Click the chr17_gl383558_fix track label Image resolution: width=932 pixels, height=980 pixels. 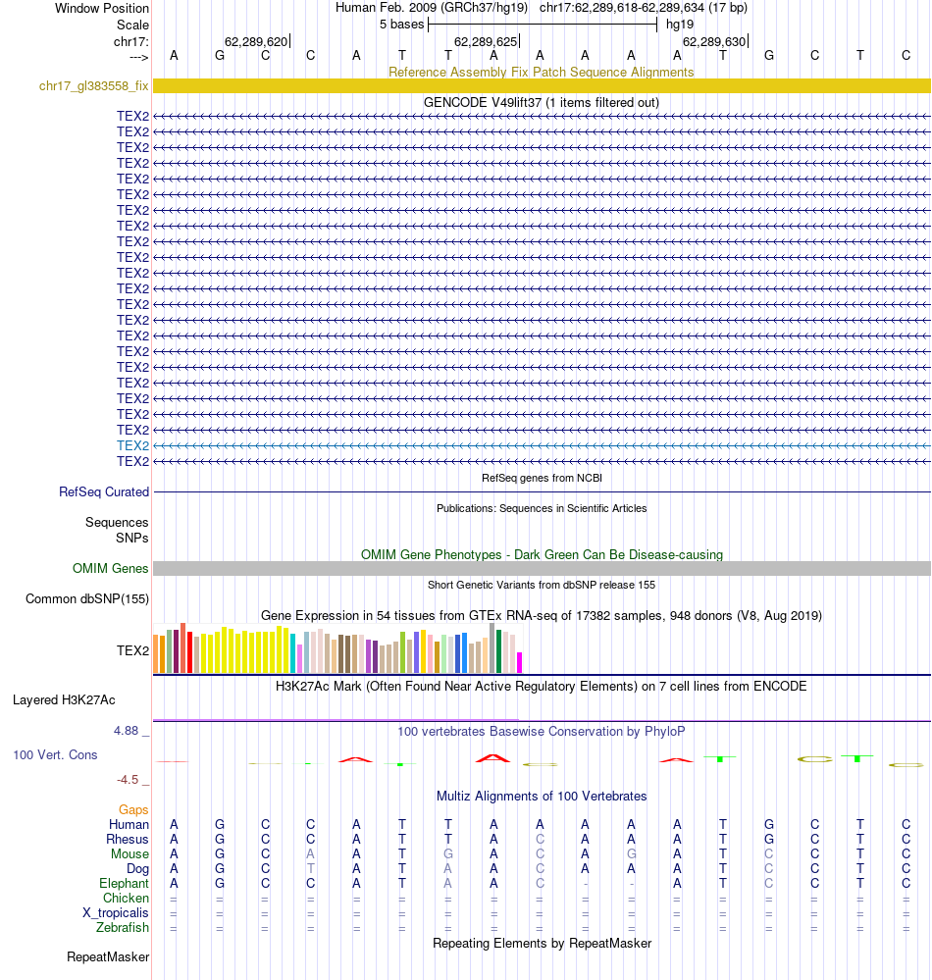coord(93,86)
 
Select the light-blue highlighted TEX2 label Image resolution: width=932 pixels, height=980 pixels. coord(132,445)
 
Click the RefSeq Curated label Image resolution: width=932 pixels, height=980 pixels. coord(104,491)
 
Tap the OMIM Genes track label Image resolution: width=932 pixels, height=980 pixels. coord(111,568)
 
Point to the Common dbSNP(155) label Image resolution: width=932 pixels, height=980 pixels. coord(87,598)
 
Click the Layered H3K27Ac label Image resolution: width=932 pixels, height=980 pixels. coord(64,699)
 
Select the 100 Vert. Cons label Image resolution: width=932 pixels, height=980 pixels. coord(55,755)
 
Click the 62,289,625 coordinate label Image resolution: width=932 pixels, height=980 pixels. coord(485,42)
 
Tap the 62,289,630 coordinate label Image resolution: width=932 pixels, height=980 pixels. coord(714,42)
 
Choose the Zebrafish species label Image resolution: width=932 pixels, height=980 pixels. coord(123,927)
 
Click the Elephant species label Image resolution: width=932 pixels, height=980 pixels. coord(123,883)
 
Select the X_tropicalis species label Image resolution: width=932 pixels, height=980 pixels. coord(116,912)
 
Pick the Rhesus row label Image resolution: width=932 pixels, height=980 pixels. coord(128,839)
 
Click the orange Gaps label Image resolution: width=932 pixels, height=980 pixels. coord(133,809)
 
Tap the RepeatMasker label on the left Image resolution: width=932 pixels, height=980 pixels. coord(108,956)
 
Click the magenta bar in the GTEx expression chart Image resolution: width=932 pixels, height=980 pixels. coord(520,662)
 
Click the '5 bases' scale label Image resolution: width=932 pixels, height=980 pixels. coord(401,24)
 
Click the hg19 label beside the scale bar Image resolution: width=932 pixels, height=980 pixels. coord(679,24)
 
